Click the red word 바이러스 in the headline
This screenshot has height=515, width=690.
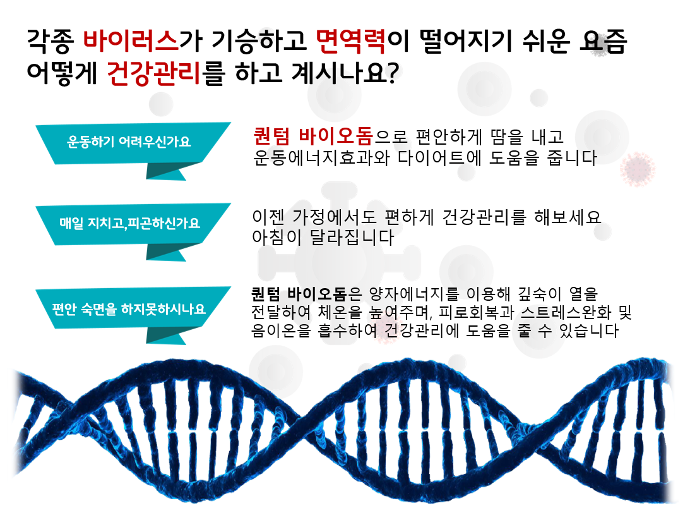[x=131, y=40]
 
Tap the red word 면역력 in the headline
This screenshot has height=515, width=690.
[x=351, y=40]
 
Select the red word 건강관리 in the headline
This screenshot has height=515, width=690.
[x=154, y=73]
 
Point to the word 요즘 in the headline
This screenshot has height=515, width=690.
[x=604, y=40]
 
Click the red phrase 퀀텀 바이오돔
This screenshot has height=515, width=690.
[x=313, y=136]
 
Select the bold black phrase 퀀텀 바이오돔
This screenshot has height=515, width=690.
[x=299, y=293]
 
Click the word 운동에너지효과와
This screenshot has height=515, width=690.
[x=322, y=157]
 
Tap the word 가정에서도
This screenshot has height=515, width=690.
[x=335, y=217]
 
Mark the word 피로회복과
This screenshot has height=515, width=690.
[x=477, y=312]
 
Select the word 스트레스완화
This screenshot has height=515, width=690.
[x=566, y=312]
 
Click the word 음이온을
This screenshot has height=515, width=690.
[x=281, y=330]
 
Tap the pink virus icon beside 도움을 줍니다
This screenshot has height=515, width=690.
[x=637, y=169]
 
